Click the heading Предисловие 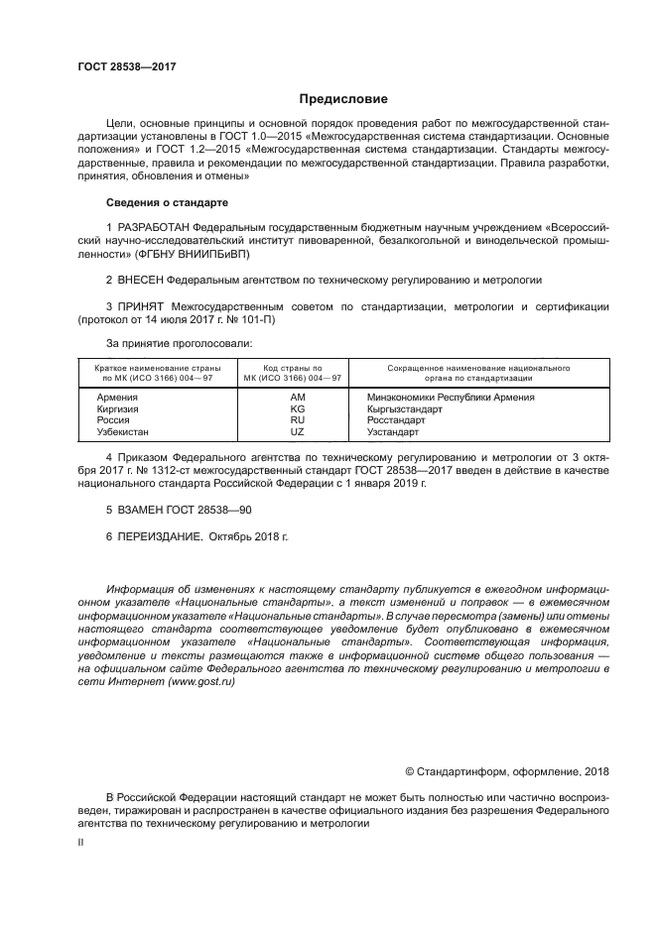(344, 98)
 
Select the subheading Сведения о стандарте (167, 202)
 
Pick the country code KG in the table (297, 408)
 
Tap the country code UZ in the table (297, 432)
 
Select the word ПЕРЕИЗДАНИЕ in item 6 (161, 535)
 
